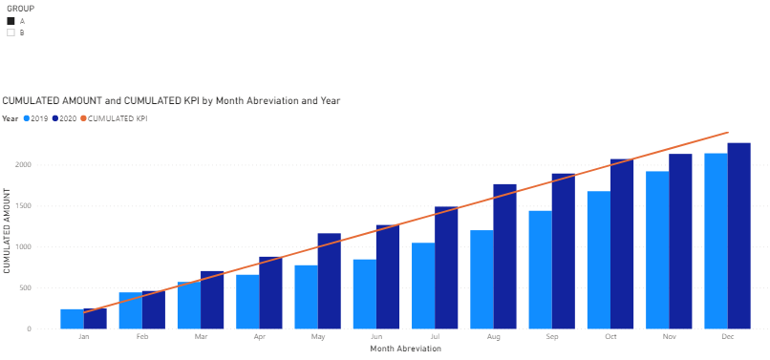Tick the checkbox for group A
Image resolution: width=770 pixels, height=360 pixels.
pyautogui.click(x=11, y=21)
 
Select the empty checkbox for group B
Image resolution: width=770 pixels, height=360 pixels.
pyautogui.click(x=11, y=32)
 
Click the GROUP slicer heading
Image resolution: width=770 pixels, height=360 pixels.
pyautogui.click(x=20, y=9)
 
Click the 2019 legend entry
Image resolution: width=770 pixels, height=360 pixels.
pyautogui.click(x=36, y=118)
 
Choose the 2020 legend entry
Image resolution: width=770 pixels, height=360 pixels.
pyautogui.click(x=64, y=118)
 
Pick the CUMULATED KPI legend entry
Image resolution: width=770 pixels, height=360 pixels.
pyautogui.click(x=114, y=118)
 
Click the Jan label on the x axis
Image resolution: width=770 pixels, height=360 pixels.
pyautogui.click(x=83, y=337)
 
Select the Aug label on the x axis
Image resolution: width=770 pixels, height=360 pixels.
pyautogui.click(x=494, y=337)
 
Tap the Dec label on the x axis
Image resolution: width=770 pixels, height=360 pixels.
pyautogui.click(x=728, y=337)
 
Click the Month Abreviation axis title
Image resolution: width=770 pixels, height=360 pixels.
pyautogui.click(x=406, y=349)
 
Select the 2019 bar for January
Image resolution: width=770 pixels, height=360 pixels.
pyautogui.click(x=73, y=319)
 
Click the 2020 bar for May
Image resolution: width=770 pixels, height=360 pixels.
pyautogui.click(x=329, y=281)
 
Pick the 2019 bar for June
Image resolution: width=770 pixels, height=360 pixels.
pyautogui.click(x=364, y=294)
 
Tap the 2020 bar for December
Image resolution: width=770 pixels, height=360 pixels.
pyautogui.click(x=739, y=236)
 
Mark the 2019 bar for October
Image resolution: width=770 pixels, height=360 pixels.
pyautogui.click(x=599, y=260)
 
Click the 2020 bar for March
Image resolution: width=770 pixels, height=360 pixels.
pyautogui.click(x=212, y=300)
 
